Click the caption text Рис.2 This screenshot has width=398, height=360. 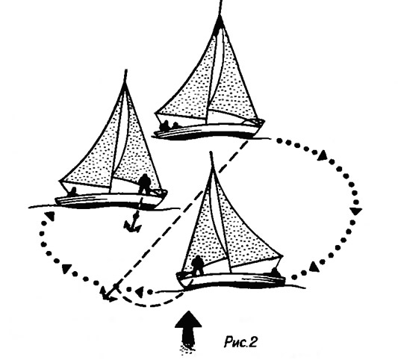[240, 342]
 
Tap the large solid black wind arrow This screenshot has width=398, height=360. [188, 330]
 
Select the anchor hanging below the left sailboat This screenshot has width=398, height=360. [133, 223]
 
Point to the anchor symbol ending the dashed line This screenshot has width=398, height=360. [108, 294]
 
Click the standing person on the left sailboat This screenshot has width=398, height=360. [145, 184]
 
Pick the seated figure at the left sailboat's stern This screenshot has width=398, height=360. [73, 191]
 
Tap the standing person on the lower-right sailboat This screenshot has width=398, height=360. [197, 265]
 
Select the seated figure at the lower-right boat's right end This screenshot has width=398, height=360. [275, 273]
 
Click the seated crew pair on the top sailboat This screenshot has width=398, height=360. [169, 125]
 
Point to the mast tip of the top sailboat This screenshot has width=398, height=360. [222, 1]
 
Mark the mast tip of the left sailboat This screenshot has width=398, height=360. [126, 70]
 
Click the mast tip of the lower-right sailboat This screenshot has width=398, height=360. [211, 153]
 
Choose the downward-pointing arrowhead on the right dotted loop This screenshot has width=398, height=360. [356, 211]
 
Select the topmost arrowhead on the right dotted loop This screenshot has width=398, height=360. [323, 155]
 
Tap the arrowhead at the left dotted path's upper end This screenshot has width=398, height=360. [51, 216]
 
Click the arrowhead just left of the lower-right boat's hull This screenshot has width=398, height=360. [139, 292]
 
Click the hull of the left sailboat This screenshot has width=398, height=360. [110, 200]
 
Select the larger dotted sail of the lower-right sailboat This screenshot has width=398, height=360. [247, 229]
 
